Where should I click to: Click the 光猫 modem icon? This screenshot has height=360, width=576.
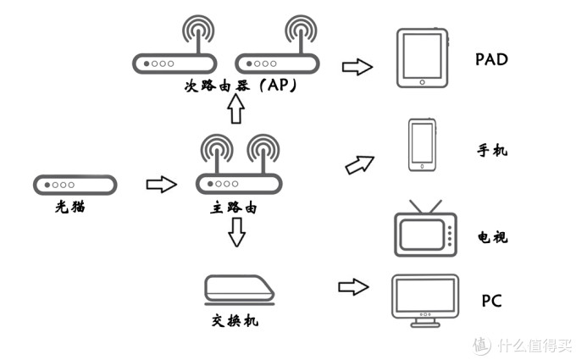click(75, 184)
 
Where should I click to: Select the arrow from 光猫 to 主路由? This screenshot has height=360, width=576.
click(161, 184)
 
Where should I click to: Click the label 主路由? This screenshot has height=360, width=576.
click(233, 207)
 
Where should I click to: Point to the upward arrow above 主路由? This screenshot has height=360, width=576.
click(236, 109)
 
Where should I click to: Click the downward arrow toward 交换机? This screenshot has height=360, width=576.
click(237, 231)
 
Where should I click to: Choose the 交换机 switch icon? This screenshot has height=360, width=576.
click(241, 289)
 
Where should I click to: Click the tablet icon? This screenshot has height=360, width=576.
click(423, 58)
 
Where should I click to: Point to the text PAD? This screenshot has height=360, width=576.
click(492, 60)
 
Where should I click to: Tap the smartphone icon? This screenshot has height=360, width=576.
click(422, 146)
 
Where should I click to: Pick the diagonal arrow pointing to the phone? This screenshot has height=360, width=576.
click(360, 163)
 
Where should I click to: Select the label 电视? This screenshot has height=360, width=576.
click(492, 236)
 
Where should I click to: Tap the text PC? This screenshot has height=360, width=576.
click(492, 301)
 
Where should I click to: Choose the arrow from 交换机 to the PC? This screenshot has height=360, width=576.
click(354, 287)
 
